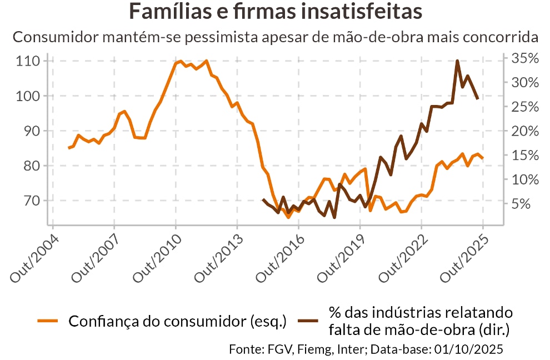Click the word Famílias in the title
[x=168, y=12]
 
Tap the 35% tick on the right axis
[x=525, y=58]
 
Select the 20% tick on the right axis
[x=525, y=131]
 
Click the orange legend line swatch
[x=48, y=321]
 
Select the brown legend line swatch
[x=307, y=321]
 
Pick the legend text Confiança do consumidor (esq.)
[x=177, y=321]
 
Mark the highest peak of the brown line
[x=457, y=61]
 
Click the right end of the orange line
[x=483, y=158]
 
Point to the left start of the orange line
[x=69, y=148]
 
